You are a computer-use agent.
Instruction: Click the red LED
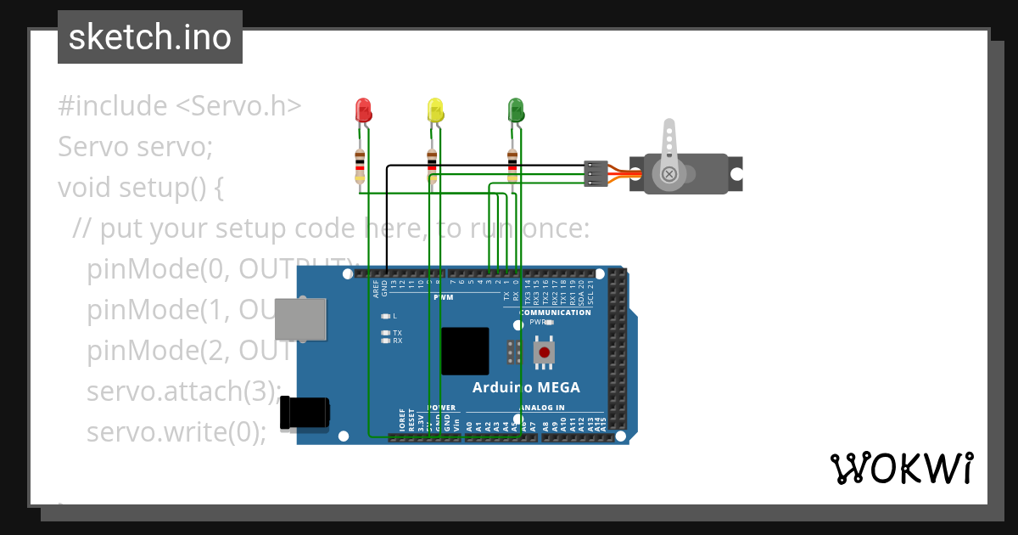pos(363,110)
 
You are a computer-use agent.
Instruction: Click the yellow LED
pos(435,110)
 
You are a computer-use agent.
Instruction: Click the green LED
pos(515,110)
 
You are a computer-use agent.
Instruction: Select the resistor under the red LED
pos(361,165)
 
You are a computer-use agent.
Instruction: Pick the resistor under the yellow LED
pos(432,165)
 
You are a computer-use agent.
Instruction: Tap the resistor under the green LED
pos(512,165)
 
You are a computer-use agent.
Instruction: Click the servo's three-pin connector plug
pos(596,173)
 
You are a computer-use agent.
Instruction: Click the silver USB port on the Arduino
pos(301,319)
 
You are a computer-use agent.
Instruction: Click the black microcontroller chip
pos(465,351)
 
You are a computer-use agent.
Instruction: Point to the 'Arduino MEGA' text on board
pos(526,387)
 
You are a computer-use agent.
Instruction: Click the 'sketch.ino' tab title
pos(150,37)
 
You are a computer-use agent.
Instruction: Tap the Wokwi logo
pos(901,468)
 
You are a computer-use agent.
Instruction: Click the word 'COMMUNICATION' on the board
pos(555,313)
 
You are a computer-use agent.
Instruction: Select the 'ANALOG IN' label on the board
pos(541,408)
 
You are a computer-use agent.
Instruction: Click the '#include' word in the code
pos(113,106)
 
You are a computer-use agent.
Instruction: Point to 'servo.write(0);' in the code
pos(176,431)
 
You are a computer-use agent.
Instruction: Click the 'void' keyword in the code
pos(84,187)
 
